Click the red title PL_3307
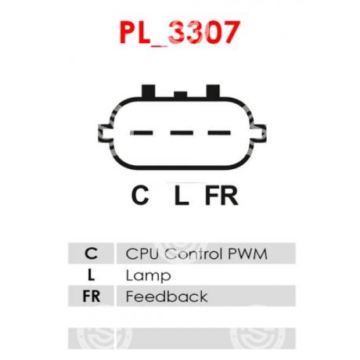[180, 33]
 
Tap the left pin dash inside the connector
[142, 133]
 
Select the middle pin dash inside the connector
[182, 133]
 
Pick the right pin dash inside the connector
[219, 133]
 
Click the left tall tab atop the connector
[149, 92]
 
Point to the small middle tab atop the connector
[181, 95]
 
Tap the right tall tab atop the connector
[213, 92]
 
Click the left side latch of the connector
[106, 133]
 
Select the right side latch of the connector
[258, 133]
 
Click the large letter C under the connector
[140, 195]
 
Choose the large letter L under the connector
[182, 195]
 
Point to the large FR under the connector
[221, 195]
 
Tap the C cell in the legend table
[91, 254]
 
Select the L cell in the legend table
[91, 275]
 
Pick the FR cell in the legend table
[91, 296]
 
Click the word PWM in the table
[247, 254]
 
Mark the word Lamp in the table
[148, 276]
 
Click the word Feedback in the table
[167, 297]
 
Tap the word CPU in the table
[142, 254]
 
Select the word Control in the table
[194, 254]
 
